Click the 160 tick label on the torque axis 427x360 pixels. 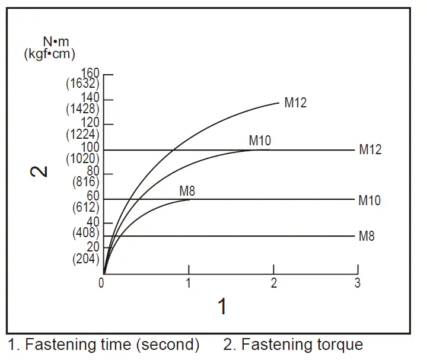click(91, 74)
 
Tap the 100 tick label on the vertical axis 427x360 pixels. click(91, 147)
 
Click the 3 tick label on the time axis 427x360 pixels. click(357, 283)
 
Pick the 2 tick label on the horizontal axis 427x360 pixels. click(273, 283)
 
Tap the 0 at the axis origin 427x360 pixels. click(102, 283)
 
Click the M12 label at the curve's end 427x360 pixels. click(295, 103)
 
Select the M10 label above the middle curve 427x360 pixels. click(260, 141)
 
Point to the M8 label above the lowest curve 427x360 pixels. click(187, 191)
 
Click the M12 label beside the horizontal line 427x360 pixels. click(370, 150)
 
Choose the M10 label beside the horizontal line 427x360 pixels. click(369, 200)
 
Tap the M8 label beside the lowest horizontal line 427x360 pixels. click(367, 236)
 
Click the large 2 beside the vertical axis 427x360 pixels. click(39, 171)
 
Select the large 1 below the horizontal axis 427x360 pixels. click(222, 307)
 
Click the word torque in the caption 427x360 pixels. click(340, 345)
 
